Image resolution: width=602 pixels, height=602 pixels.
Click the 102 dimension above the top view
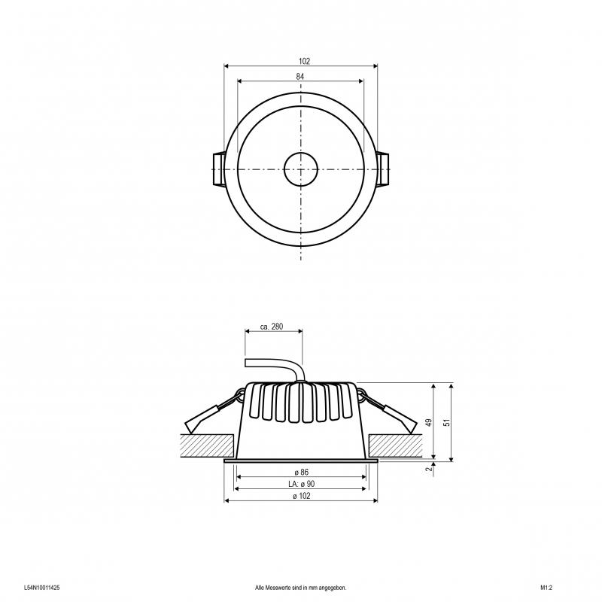304,61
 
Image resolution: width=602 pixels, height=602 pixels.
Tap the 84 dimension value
299,77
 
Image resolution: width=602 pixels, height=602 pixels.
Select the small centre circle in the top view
300,169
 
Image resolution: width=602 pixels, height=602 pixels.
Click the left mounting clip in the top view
219,169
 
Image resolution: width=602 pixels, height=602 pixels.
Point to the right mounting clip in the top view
383,169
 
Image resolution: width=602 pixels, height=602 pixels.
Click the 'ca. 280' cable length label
272,327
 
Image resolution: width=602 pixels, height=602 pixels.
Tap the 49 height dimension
429,422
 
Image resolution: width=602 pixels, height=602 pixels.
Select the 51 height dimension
446,422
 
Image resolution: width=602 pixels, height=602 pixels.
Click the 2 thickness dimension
429,469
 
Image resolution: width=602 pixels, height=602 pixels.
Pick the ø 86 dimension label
302,473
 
